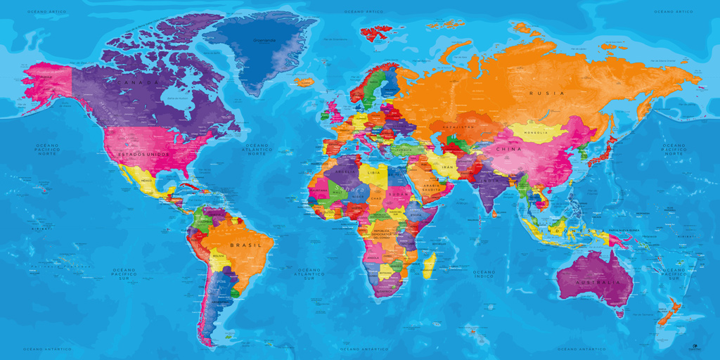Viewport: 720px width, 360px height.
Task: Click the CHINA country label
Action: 509,149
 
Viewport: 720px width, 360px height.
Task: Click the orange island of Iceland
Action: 304,82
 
